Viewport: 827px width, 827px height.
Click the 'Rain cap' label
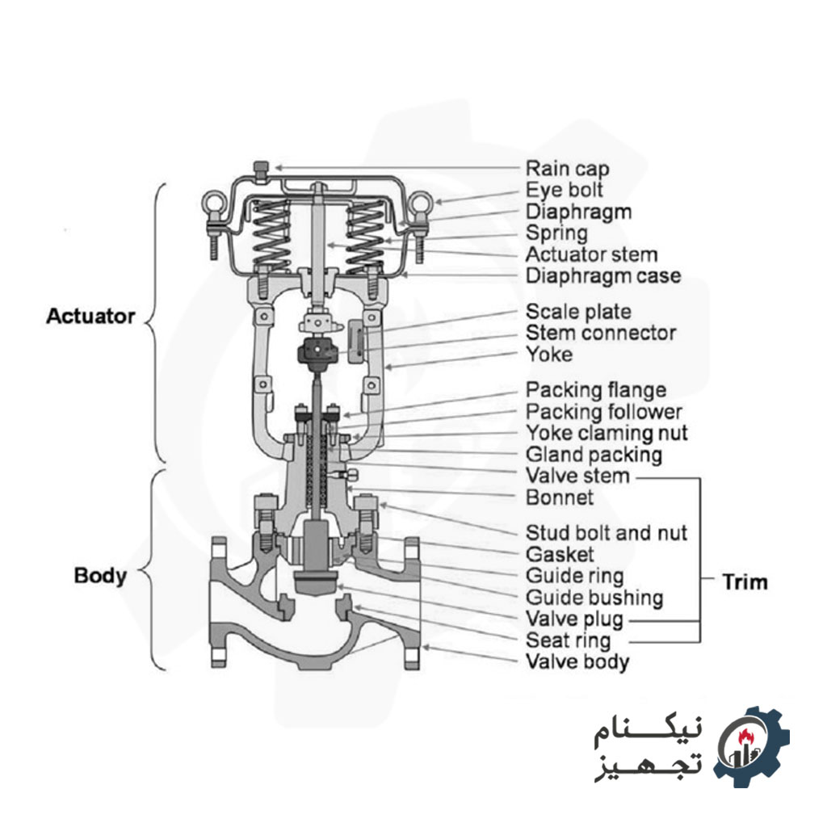pyautogui.click(x=567, y=169)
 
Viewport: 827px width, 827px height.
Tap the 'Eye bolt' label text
pyautogui.click(x=564, y=191)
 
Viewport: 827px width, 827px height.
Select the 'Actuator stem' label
pyautogui.click(x=591, y=254)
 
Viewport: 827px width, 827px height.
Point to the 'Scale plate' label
pyautogui.click(x=578, y=312)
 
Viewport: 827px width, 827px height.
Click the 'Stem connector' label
pyautogui.click(x=601, y=333)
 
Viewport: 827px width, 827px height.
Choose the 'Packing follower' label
pyautogui.click(x=604, y=412)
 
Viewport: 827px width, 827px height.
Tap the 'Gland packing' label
pyautogui.click(x=594, y=454)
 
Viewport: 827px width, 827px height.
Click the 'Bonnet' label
pyautogui.click(x=560, y=497)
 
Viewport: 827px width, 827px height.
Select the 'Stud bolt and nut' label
pyautogui.click(x=607, y=533)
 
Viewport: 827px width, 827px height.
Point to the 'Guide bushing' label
pyautogui.click(x=594, y=598)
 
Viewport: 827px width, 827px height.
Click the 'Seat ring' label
pyautogui.click(x=569, y=640)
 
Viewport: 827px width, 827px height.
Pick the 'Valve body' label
pyautogui.click(x=577, y=662)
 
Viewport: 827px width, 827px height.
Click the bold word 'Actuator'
pyautogui.click(x=90, y=316)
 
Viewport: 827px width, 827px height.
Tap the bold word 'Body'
pyautogui.click(x=100, y=576)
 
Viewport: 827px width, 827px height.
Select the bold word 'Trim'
pyautogui.click(x=745, y=581)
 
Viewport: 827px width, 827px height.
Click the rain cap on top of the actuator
pyautogui.click(x=260, y=169)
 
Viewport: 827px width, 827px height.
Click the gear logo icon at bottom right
pyautogui.click(x=751, y=747)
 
